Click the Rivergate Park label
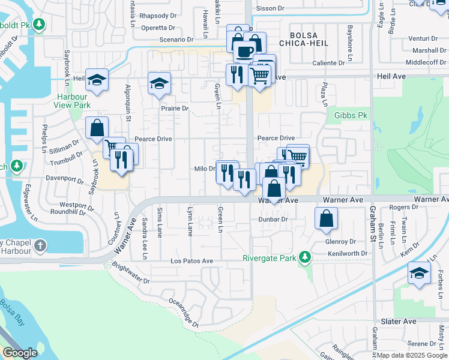270,259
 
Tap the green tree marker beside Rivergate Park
305,257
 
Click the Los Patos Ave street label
191,261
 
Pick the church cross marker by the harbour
40,245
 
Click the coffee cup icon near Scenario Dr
244,51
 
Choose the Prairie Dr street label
174,109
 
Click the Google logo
20,353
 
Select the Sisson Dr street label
270,8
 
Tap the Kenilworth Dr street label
348,254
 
